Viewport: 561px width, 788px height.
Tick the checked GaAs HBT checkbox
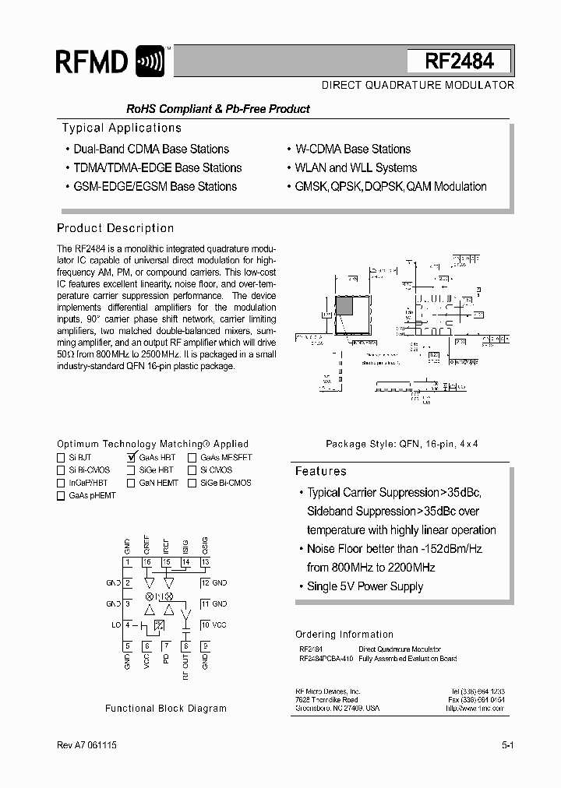point(131,458)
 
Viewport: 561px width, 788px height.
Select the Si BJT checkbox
point(61,458)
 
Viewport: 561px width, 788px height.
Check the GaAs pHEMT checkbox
point(61,496)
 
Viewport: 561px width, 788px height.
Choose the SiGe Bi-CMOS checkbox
point(192,483)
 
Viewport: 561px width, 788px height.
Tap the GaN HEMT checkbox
point(131,483)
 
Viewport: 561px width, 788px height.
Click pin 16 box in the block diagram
point(146,562)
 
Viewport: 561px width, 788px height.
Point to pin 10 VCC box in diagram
point(204,624)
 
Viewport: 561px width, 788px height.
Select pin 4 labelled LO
point(127,624)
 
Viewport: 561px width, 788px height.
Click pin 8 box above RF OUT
point(185,646)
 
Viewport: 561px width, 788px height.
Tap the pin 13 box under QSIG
point(205,562)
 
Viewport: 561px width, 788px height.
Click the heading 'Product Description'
point(115,228)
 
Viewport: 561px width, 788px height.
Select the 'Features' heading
point(320,471)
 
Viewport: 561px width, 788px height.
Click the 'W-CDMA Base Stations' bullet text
point(352,149)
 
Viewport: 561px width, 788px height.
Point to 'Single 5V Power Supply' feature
point(365,586)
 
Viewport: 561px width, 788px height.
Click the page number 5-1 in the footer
point(507,745)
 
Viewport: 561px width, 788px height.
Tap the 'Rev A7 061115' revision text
point(87,745)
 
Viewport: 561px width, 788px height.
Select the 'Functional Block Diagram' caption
point(166,709)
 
